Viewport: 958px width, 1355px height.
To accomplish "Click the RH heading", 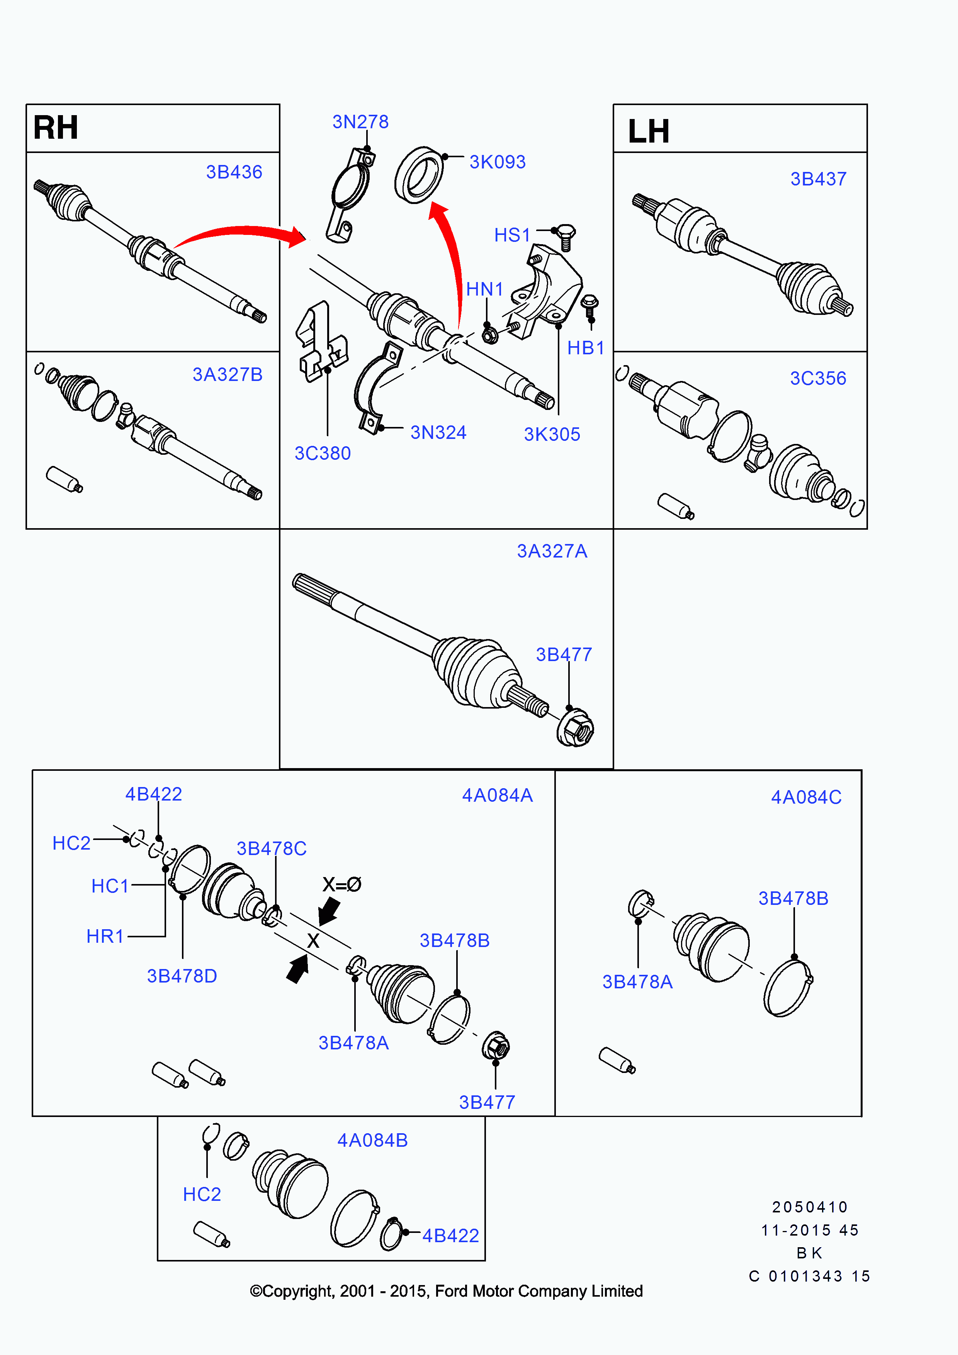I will [56, 128].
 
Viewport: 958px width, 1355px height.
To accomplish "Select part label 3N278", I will [360, 122].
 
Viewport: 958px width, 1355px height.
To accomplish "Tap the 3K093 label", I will [497, 162].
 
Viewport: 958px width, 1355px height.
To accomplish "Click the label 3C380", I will [322, 453].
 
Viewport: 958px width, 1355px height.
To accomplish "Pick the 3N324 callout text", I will [438, 433].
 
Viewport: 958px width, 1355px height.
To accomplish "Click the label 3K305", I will [552, 434].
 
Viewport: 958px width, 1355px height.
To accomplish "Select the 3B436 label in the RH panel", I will [234, 172].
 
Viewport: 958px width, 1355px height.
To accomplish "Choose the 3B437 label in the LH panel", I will [818, 179].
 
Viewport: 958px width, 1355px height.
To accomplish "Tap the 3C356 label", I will [818, 378].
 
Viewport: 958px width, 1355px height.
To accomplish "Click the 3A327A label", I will [552, 551].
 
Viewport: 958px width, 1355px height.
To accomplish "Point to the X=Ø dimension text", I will [341, 884].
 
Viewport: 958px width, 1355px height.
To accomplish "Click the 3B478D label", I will [182, 976].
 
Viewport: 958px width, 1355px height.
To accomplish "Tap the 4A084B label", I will [372, 1140].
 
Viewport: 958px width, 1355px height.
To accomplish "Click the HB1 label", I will [585, 348].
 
